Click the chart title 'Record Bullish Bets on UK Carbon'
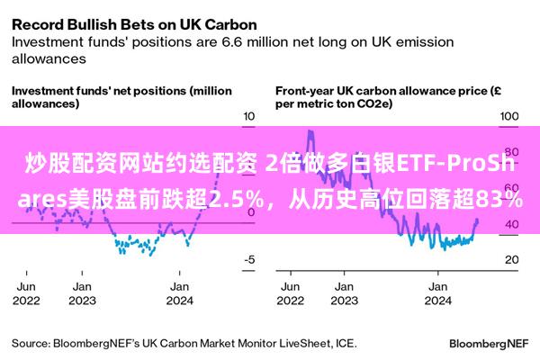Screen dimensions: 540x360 pyautogui.click(x=134, y=25)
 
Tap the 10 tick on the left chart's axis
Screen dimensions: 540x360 pyautogui.click(x=248, y=116)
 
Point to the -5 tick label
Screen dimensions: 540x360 pyautogui.click(x=249, y=259)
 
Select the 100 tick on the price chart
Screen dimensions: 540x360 pyautogui.click(x=509, y=116)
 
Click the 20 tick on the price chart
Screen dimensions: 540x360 pyautogui.click(x=512, y=259)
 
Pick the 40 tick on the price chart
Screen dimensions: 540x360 pyautogui.click(x=512, y=224)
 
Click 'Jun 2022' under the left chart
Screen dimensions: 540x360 pyautogui.click(x=26, y=293)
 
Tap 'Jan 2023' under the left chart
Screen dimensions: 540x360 pyautogui.click(x=82, y=293)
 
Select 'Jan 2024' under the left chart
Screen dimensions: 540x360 pyautogui.click(x=179, y=293)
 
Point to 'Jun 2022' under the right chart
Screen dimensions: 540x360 pyautogui.click(x=291, y=293)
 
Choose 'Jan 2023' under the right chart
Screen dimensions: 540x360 pyautogui.click(x=344, y=293)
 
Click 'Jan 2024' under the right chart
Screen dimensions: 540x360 pyautogui.click(x=437, y=293)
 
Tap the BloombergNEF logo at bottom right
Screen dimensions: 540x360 pyautogui.click(x=489, y=344)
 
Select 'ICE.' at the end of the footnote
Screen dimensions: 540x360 pyautogui.click(x=346, y=344)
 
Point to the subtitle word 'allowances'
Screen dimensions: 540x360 pyautogui.click(x=49, y=58)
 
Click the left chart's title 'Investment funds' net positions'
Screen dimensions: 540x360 pyautogui.click(x=99, y=91)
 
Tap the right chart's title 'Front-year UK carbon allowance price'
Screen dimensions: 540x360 pyautogui.click(x=382, y=91)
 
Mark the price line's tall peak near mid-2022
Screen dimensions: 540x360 pyautogui.click(x=310, y=131)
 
